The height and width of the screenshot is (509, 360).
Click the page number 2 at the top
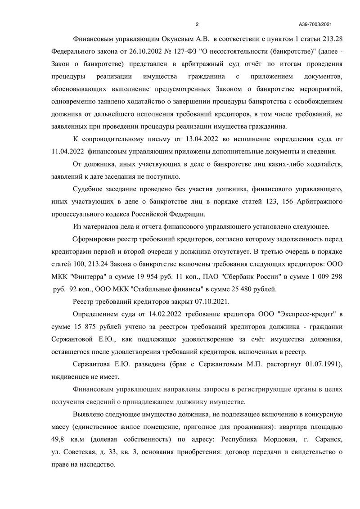(197, 24)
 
